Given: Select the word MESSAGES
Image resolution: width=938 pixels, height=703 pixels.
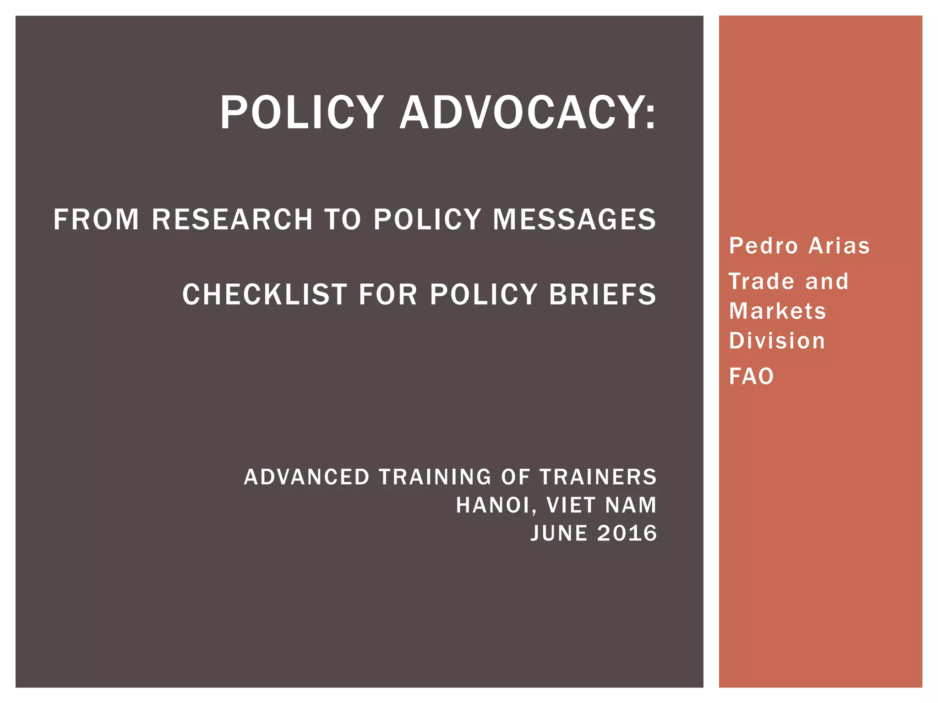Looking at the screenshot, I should (574, 219).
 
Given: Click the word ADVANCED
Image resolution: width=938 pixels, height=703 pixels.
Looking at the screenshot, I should (306, 477).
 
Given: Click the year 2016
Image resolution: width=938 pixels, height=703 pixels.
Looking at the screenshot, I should (627, 534).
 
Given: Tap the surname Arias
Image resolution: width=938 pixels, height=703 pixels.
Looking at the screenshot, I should (839, 246).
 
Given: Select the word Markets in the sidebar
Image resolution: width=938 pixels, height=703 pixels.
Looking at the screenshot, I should (778, 311).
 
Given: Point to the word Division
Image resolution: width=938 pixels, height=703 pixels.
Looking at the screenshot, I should (777, 341).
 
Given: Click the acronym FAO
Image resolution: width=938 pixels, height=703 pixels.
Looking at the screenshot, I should (752, 377).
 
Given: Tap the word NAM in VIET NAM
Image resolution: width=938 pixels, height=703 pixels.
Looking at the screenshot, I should (631, 505).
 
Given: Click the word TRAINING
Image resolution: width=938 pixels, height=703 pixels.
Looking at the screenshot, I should (435, 477).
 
